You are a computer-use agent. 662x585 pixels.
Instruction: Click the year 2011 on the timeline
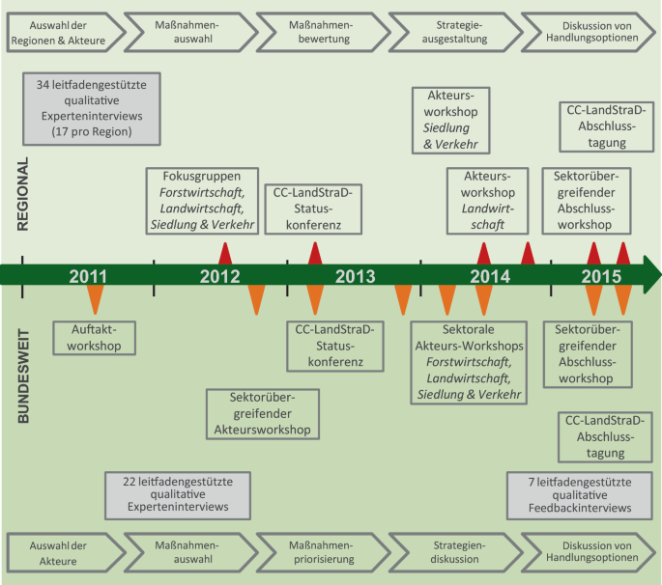88,276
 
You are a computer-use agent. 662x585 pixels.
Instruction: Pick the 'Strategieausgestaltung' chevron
450,32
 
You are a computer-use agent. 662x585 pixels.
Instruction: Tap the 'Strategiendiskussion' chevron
450,550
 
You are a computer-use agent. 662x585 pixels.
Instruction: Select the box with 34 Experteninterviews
91,109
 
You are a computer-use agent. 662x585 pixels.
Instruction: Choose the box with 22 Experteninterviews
176,493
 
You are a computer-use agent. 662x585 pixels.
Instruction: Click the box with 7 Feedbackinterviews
580,493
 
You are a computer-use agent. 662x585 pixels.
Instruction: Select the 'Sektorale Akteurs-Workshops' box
468,362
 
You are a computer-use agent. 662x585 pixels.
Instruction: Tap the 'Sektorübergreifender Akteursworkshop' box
263,412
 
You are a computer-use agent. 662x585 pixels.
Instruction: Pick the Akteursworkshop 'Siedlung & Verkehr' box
450,120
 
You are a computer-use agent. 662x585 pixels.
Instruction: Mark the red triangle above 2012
225,253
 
